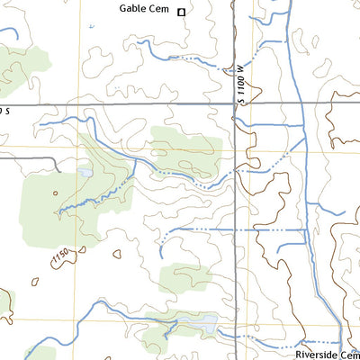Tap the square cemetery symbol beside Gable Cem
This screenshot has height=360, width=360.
(x=181, y=12)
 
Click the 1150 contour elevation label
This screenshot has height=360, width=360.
(x=60, y=258)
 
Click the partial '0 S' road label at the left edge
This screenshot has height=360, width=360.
(x=4, y=110)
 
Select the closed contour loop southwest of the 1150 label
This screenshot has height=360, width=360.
(x=36, y=281)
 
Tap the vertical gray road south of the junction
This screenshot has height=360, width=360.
(x=236, y=225)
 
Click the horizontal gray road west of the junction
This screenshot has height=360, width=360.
(x=117, y=105)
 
